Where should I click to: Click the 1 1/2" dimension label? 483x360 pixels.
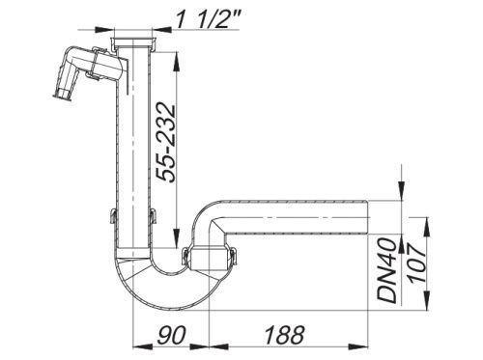click(x=209, y=19)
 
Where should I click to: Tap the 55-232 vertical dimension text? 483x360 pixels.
click(x=166, y=143)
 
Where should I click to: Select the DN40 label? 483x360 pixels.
click(x=386, y=270)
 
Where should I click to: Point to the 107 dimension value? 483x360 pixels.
click(x=416, y=264)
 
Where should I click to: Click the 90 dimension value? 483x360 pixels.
click(x=171, y=335)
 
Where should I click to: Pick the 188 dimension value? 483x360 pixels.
click(x=284, y=335)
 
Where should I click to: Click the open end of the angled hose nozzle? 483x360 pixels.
click(x=62, y=97)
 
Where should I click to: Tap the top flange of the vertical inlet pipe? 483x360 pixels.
click(x=133, y=42)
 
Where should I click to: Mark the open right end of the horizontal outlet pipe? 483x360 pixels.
click(x=367, y=217)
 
